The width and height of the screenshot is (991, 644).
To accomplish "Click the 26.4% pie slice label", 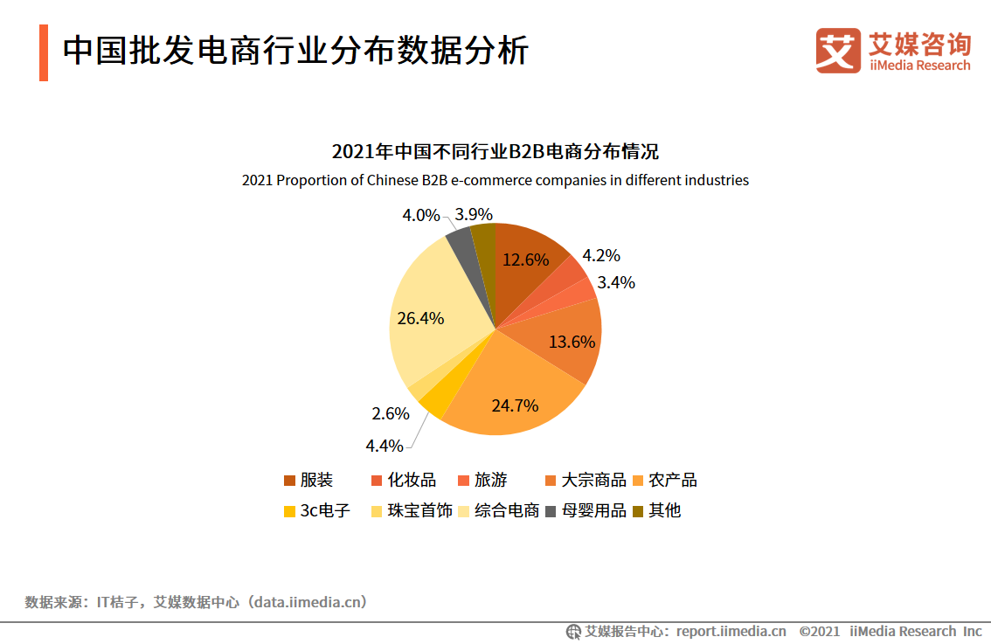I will (420, 318).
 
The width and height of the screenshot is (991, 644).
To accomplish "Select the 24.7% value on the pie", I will (515, 405).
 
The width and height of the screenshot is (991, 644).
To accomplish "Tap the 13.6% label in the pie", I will (572, 342).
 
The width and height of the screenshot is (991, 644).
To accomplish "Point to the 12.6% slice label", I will (525, 260).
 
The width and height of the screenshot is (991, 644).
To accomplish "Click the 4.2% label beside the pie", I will (601, 255).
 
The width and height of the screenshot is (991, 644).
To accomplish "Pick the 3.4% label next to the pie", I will (616, 282).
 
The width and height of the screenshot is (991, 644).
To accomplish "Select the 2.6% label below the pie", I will (391, 413).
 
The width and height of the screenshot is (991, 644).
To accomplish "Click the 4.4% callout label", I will (385, 446).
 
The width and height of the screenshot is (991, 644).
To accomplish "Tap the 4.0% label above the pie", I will (420, 215).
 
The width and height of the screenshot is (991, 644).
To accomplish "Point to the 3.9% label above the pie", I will (475, 214).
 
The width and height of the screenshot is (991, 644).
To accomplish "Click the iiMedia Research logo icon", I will (838, 51).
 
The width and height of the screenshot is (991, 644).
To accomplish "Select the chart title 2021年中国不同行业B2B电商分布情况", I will (495, 151).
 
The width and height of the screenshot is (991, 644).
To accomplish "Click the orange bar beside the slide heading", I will (44, 52).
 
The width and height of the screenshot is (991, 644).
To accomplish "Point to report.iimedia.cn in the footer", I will (731, 631).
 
